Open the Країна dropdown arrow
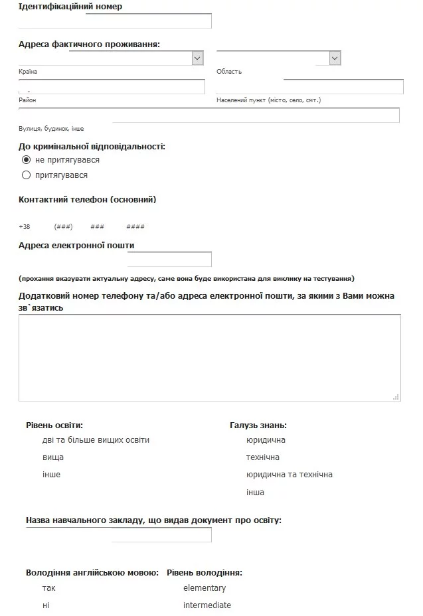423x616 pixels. coord(197,58)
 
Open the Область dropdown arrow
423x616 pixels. coord(335,58)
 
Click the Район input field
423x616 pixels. coord(112,87)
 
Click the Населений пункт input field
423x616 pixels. coord(309,87)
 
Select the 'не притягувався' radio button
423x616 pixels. coord(27,160)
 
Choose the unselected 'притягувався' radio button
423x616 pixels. coord(27,175)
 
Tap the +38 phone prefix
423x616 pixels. coord(25,227)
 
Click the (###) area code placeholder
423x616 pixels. coord(63,227)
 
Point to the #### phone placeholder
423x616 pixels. coord(135,227)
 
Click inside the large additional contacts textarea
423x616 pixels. coord(209,357)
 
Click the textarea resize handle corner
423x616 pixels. coord(396,397)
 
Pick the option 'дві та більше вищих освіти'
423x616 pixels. coord(96,440)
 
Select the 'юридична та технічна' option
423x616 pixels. coord(289,475)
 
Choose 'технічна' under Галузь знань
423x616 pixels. coord(262,457)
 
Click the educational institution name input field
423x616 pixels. coord(161,535)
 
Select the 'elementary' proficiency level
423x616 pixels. coord(205,588)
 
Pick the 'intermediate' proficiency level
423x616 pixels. coord(207,605)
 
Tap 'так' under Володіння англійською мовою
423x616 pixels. coord(48,588)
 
